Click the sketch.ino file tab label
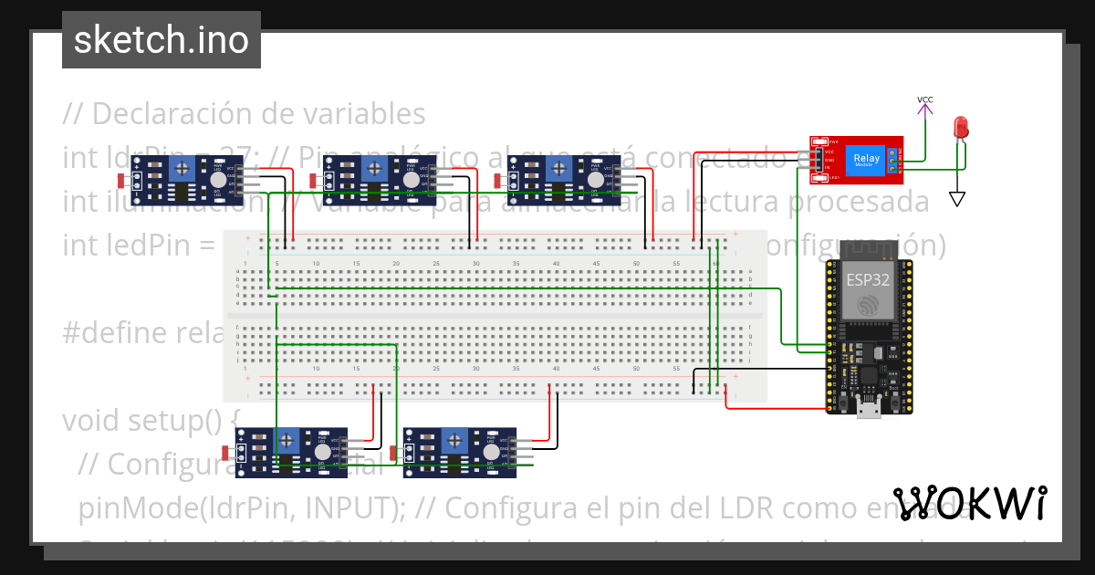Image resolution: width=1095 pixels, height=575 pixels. click(x=161, y=40)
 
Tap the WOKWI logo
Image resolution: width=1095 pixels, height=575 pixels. click(x=970, y=503)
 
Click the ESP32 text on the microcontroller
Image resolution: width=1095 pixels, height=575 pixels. click(x=868, y=279)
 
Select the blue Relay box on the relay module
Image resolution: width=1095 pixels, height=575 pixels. click(x=867, y=160)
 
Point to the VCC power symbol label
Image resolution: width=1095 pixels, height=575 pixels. click(x=924, y=99)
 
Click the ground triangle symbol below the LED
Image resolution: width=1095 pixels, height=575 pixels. click(x=956, y=199)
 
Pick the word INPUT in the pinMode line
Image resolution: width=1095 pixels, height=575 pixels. click(x=343, y=507)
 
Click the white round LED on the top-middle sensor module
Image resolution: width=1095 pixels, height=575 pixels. click(x=411, y=181)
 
